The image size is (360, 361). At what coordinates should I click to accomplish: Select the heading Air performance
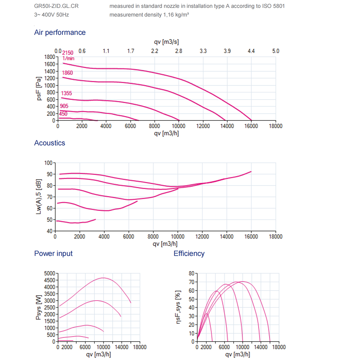pyautogui.click(x=60, y=32)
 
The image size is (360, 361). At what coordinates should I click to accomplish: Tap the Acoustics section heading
pyautogui.click(x=50, y=143)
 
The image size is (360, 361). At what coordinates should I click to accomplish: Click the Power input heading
pyautogui.click(x=53, y=253)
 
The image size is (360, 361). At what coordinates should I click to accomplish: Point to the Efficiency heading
pyautogui.click(x=189, y=253)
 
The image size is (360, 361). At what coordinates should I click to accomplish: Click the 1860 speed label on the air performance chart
pyautogui.click(x=67, y=73)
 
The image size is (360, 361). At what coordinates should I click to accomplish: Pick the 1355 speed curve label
pyautogui.click(x=67, y=94)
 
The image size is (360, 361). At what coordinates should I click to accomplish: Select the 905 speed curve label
pyautogui.click(x=64, y=106)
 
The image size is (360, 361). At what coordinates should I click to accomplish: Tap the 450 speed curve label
pyautogui.click(x=63, y=114)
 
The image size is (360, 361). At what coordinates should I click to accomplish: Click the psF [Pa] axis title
pyautogui.click(x=40, y=88)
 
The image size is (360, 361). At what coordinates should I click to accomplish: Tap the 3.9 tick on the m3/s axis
pyautogui.click(x=227, y=51)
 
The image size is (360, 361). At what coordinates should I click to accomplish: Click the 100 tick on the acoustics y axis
pyautogui.click(x=48, y=163)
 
